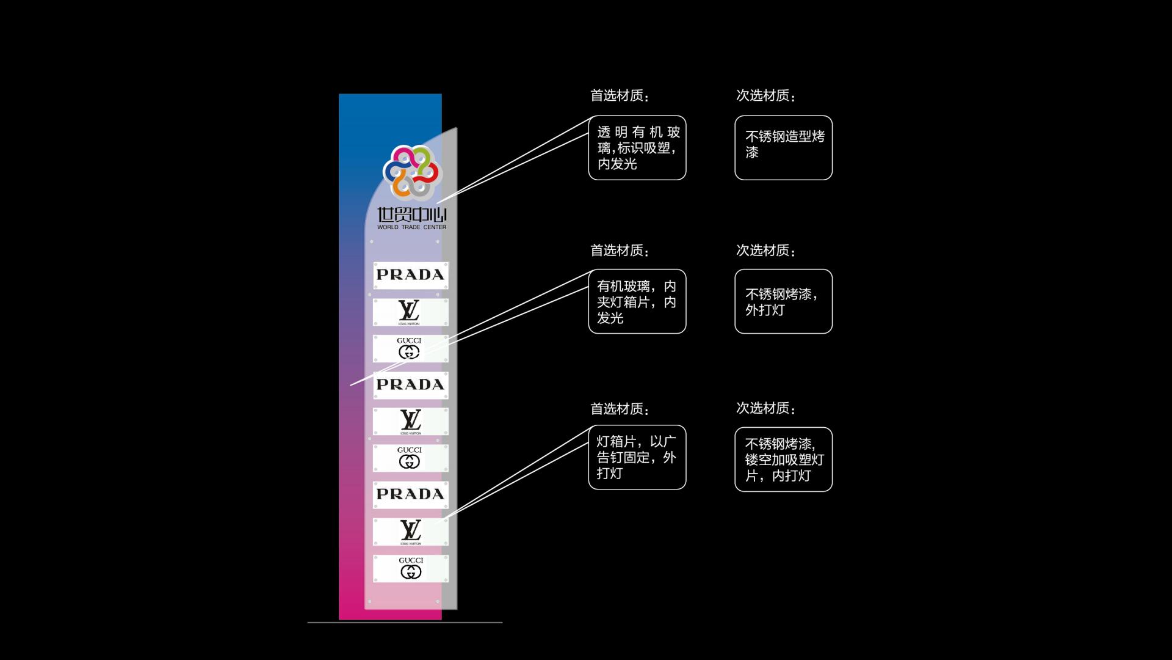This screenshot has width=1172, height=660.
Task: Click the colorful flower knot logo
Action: pyautogui.click(x=411, y=172)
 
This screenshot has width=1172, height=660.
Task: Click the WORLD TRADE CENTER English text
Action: pyautogui.click(x=411, y=227)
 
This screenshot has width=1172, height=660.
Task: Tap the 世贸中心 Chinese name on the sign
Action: pyautogui.click(x=411, y=215)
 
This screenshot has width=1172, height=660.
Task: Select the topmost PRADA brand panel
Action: pyautogui.click(x=410, y=275)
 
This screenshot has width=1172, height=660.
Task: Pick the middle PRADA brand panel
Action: pyautogui.click(x=410, y=385)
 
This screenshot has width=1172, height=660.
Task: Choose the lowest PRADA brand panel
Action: pyautogui.click(x=410, y=494)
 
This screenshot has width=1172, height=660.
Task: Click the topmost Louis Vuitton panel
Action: pyautogui.click(x=410, y=312)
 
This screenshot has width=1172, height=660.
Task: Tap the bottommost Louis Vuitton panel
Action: pyautogui.click(x=410, y=532)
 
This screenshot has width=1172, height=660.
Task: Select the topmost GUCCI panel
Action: pyautogui.click(x=410, y=348)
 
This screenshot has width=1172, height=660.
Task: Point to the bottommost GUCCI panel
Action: pyautogui.click(x=410, y=568)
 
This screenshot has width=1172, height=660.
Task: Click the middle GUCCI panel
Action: pyautogui.click(x=410, y=458)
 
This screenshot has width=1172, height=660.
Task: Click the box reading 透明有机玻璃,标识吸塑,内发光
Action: pyautogui.click(x=637, y=148)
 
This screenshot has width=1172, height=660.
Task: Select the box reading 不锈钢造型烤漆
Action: pyautogui.click(x=783, y=148)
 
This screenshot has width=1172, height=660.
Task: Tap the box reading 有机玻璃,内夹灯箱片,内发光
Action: pyautogui.click(x=637, y=301)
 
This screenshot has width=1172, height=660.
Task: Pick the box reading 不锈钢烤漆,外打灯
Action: pyautogui.click(x=783, y=301)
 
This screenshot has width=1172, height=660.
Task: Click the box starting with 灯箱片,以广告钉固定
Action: pyautogui.click(x=637, y=457)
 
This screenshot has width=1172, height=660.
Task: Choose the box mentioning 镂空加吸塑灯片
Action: pyautogui.click(x=783, y=459)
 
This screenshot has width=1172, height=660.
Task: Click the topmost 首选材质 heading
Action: pyautogui.click(x=620, y=96)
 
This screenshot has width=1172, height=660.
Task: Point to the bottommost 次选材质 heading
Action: pyautogui.click(x=765, y=408)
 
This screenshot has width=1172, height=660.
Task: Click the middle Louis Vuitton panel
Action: pyautogui.click(x=410, y=422)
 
